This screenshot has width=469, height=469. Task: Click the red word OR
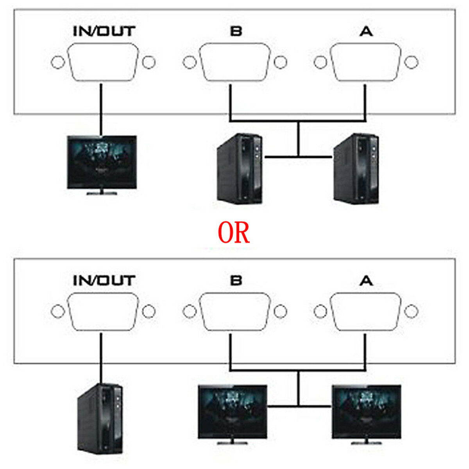pyautogui.click(x=233, y=233)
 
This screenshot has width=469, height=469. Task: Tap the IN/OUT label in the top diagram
pyautogui.click(x=104, y=31)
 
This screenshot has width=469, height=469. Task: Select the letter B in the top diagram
pyautogui.click(x=236, y=31)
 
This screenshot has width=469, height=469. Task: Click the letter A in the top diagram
pyautogui.click(x=366, y=31)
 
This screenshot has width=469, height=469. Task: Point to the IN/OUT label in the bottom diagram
pyautogui.click(x=104, y=280)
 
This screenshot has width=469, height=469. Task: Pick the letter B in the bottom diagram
pyautogui.click(x=236, y=280)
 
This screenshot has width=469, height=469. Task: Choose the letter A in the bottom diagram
pyautogui.click(x=366, y=280)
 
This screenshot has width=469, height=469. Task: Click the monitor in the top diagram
pyautogui.click(x=102, y=162)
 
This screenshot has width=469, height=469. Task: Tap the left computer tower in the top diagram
pyautogui.click(x=240, y=169)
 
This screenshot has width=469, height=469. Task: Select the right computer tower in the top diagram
pyautogui.click(x=356, y=169)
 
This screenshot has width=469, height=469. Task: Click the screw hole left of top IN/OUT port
pyautogui.click(x=57, y=63)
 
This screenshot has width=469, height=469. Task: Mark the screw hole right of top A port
pyautogui.click(x=412, y=62)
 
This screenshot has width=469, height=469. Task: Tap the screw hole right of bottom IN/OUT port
pyautogui.click(x=149, y=311)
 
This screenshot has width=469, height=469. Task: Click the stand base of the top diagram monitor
pyautogui.click(x=102, y=193)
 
